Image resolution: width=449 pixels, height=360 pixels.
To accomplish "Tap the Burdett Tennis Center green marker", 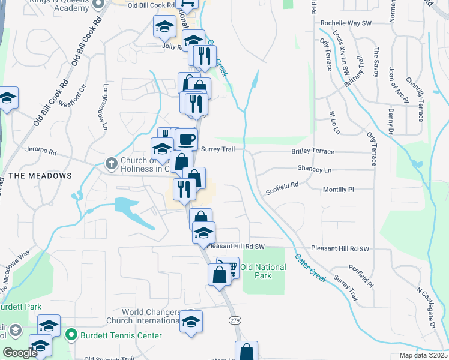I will [x=71, y=335].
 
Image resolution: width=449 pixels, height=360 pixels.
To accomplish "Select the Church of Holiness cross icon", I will [x=111, y=163].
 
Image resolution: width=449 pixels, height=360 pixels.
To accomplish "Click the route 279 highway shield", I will [x=235, y=321].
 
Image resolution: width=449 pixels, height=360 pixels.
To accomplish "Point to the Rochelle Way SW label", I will [x=346, y=23].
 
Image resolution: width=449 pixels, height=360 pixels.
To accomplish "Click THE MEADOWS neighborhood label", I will [x=40, y=176].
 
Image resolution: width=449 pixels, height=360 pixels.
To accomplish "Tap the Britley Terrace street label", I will [x=312, y=152].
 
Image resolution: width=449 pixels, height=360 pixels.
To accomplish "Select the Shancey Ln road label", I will [x=314, y=170].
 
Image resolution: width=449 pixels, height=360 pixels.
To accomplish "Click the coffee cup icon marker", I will [x=186, y=139].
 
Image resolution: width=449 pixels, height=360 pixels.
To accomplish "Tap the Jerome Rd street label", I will [x=40, y=150].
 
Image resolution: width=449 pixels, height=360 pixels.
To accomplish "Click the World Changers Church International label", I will [x=151, y=316].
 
